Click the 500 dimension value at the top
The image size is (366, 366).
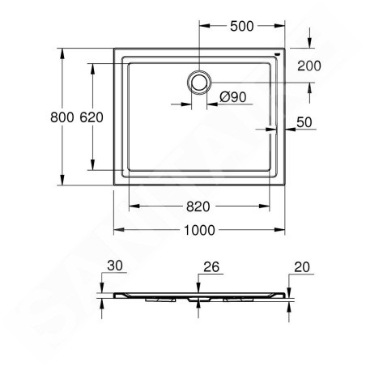(242, 26)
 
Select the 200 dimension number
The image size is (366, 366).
(309, 66)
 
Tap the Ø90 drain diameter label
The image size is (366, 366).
(233, 97)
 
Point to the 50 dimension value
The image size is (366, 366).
(304, 122)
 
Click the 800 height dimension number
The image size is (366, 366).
(62, 117)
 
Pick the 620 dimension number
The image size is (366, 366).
(91, 117)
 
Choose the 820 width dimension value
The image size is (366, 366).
(198, 206)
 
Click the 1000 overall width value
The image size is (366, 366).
(199, 230)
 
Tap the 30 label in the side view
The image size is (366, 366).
(115, 266)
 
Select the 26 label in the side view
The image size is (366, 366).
(211, 267)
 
